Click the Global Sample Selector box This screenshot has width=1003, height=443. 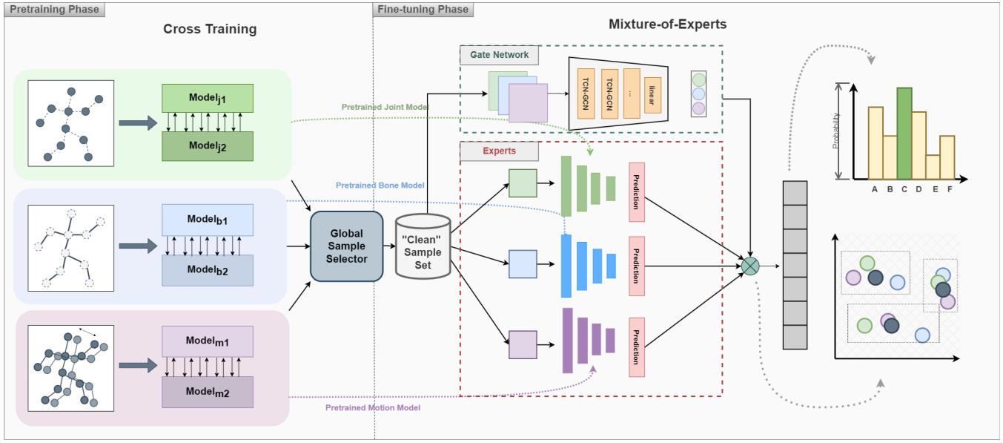(346, 246)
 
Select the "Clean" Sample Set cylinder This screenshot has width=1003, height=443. (423, 247)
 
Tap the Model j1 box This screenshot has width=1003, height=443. (208, 98)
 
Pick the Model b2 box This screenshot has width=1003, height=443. (208, 270)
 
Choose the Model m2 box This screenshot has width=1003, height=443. (208, 392)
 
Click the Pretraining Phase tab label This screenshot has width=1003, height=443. (53, 9)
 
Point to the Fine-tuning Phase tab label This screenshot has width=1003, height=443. (423, 9)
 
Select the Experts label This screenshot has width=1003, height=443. (499, 151)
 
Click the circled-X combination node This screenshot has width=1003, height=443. (751, 265)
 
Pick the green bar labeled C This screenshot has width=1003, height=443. (904, 134)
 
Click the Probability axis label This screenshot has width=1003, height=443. (835, 131)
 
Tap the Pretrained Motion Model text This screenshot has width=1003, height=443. (373, 407)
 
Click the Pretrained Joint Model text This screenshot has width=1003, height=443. (385, 107)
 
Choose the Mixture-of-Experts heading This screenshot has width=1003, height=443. (667, 24)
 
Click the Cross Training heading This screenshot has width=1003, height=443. (210, 30)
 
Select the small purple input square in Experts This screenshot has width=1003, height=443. (523, 344)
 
